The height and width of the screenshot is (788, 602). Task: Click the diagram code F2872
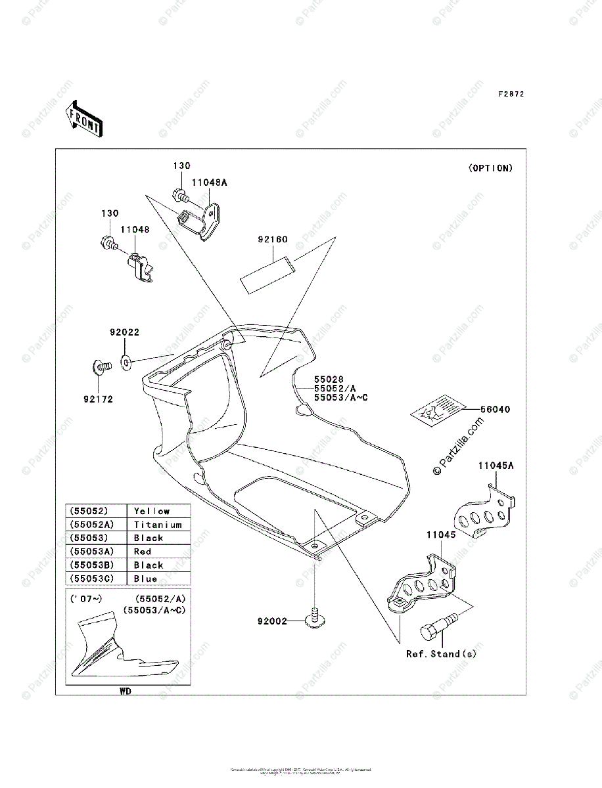point(511,95)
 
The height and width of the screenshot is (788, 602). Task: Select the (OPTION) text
point(490,168)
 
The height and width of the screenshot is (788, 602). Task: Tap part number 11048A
point(209,183)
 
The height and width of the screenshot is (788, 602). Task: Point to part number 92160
point(272,240)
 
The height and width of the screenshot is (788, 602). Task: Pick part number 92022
point(124,333)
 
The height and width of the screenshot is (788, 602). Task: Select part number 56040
point(495,409)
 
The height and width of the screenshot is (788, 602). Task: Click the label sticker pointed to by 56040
point(436,410)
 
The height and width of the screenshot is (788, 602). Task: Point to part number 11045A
point(496,466)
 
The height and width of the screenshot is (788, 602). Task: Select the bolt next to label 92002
point(315,617)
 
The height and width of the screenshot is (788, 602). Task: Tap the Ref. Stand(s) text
point(441,654)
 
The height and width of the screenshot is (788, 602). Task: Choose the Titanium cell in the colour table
point(158,525)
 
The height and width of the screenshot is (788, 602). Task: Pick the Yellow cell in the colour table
point(152,511)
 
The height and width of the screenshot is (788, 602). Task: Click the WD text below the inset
point(125,691)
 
